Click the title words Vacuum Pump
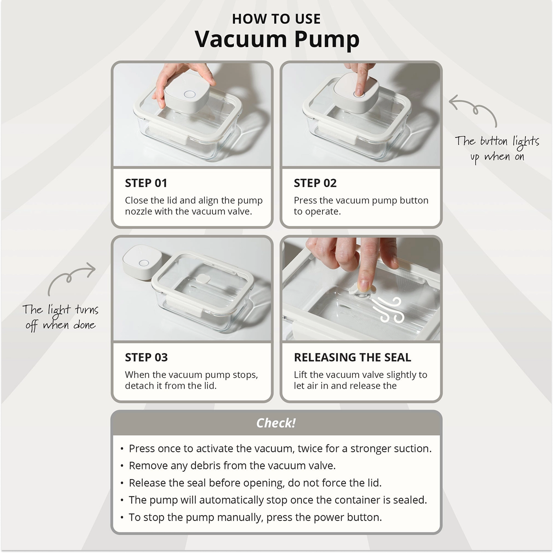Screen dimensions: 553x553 coord(277,39)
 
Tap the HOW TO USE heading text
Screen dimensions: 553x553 coord(276,19)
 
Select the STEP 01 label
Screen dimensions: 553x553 coord(146,183)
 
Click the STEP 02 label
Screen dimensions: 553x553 coord(315,183)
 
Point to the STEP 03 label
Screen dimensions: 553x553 coord(146,357)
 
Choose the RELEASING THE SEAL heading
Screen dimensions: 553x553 coord(352,357)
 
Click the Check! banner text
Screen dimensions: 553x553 coord(276,423)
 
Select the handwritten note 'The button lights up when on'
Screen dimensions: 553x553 coord(497,149)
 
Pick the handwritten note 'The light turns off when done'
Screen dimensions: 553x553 coord(61,317)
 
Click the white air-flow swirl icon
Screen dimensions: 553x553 coord(389,310)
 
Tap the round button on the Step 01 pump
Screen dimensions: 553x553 coord(190,94)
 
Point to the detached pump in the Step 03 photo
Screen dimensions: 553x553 coord(142,262)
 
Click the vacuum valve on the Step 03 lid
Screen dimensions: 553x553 coord(203,278)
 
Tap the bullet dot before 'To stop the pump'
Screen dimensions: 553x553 coord(122,518)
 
